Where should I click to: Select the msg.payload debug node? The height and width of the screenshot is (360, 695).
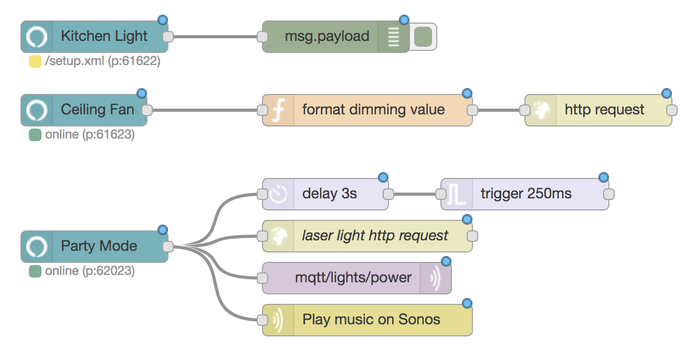[x=327, y=37]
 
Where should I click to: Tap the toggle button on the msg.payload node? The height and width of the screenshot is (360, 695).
[x=423, y=37]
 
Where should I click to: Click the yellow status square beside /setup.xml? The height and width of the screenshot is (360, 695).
[x=35, y=61]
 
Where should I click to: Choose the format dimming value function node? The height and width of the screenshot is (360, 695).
[x=373, y=110]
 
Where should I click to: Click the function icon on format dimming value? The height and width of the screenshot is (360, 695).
[x=279, y=110]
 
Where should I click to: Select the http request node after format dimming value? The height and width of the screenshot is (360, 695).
[x=604, y=110]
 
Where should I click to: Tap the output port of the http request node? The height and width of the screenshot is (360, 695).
[x=671, y=110]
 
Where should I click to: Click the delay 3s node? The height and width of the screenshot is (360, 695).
[x=329, y=194]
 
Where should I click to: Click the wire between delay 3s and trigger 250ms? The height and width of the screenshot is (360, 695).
[x=415, y=194]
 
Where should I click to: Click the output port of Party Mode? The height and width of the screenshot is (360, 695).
[x=168, y=247]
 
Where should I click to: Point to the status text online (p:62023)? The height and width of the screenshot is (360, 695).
[x=89, y=271]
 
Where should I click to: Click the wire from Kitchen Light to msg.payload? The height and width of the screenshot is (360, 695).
[x=215, y=37]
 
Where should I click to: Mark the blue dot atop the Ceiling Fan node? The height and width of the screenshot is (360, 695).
[x=141, y=93]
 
